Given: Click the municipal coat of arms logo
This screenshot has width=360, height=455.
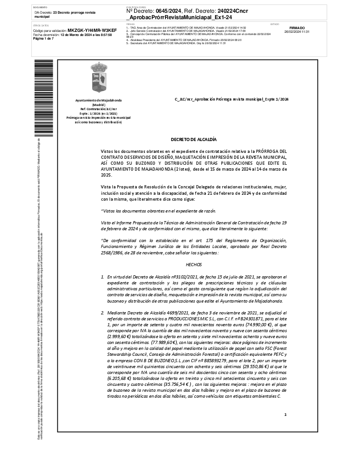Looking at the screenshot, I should [98, 78].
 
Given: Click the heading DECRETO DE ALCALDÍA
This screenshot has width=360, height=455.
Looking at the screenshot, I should [194, 140].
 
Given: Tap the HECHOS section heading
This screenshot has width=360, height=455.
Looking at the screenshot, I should [194, 264].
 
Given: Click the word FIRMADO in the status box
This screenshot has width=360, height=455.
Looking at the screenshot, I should [297, 28].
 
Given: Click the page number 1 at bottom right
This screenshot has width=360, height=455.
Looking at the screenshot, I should [285, 415].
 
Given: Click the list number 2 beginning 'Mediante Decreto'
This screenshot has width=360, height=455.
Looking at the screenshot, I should [103, 313].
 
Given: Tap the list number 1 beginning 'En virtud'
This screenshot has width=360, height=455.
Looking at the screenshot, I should [103, 277].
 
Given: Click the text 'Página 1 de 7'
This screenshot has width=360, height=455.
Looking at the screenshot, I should [44, 39].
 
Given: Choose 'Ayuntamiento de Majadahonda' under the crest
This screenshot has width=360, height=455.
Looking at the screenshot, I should [99, 100].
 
